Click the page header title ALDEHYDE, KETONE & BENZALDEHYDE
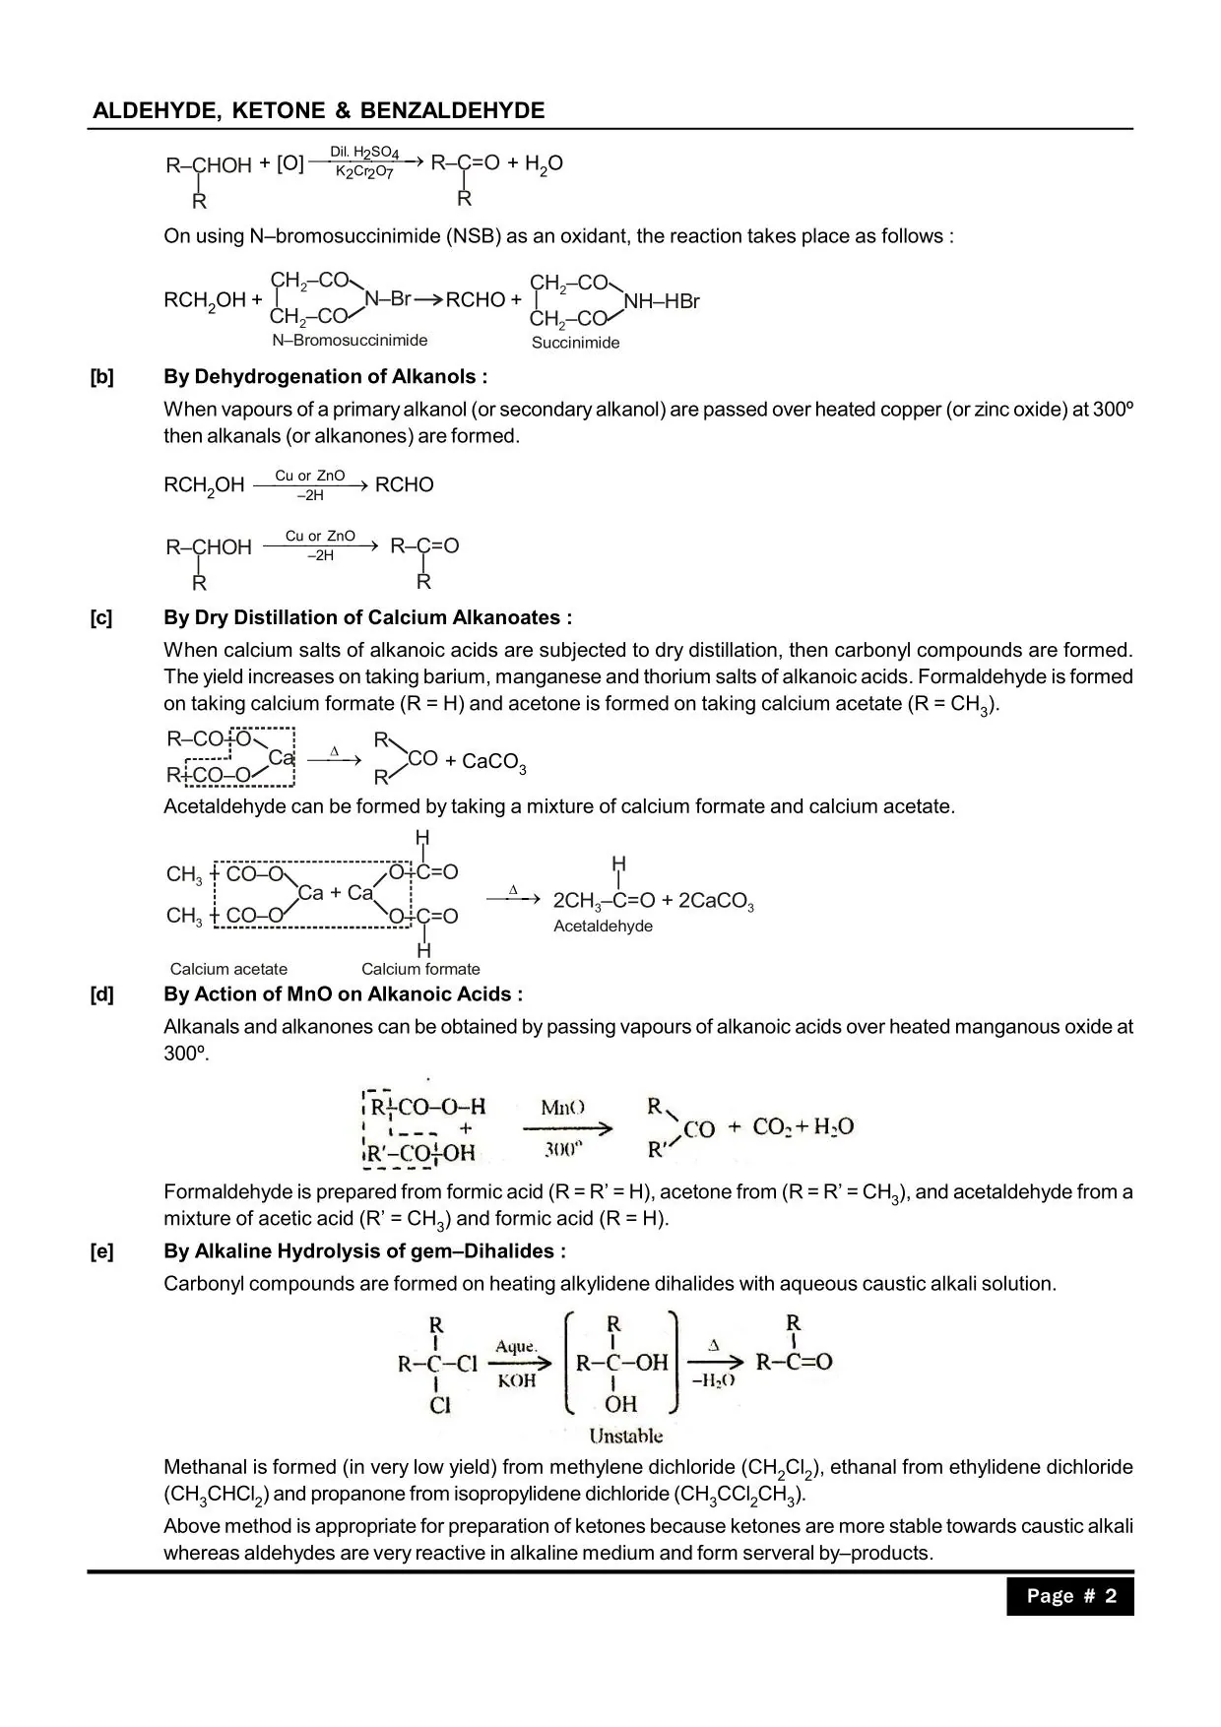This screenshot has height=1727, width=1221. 318,110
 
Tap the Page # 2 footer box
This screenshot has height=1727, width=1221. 1070,1596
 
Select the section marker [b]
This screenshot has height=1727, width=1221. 101,376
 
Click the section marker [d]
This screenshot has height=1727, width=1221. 101,993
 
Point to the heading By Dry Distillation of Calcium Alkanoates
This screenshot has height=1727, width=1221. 367,617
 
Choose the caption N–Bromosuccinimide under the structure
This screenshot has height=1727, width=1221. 350,341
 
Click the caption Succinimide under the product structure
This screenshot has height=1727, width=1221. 575,343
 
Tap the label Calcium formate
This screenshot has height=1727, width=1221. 420,969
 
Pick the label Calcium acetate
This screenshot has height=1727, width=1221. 228,969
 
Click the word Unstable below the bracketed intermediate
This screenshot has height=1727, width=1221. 625,1436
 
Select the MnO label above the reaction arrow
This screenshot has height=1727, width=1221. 562,1108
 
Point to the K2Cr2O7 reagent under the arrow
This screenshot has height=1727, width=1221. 364,173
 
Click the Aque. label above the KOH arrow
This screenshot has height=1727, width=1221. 516,1346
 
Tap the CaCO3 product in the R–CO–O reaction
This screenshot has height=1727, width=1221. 493,762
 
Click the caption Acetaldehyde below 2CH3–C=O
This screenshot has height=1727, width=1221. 603,927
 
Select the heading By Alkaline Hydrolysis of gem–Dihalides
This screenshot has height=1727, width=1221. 364,1251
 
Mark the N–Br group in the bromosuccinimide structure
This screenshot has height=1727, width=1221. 387,298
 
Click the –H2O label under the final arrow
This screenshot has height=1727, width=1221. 713,1380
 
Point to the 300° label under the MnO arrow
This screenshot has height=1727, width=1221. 563,1148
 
